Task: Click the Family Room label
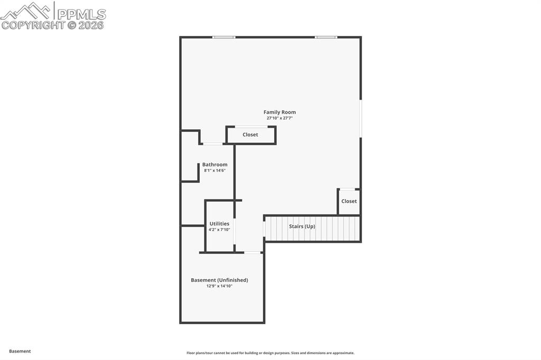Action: [x=279, y=112]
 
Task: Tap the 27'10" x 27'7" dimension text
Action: [x=279, y=118]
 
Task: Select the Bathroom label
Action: [x=214, y=165]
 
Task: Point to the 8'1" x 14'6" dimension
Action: [x=214, y=170]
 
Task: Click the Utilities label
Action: [x=219, y=224]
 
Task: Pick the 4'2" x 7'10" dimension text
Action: [x=219, y=230]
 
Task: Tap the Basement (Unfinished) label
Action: [x=219, y=280]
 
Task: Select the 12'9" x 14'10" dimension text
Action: [x=219, y=286]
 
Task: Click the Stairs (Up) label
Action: [x=302, y=226]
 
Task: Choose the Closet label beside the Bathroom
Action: [x=250, y=135]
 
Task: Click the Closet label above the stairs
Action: [x=349, y=201]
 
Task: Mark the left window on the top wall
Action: [x=223, y=37]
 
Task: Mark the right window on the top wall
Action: [x=326, y=37]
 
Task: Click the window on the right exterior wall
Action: [x=361, y=119]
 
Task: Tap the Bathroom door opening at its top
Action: [x=213, y=144]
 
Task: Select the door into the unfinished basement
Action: [x=253, y=252]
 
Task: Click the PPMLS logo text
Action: [x=81, y=14]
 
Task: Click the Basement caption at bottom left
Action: [x=20, y=351]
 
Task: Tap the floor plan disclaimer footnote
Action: [x=270, y=353]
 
